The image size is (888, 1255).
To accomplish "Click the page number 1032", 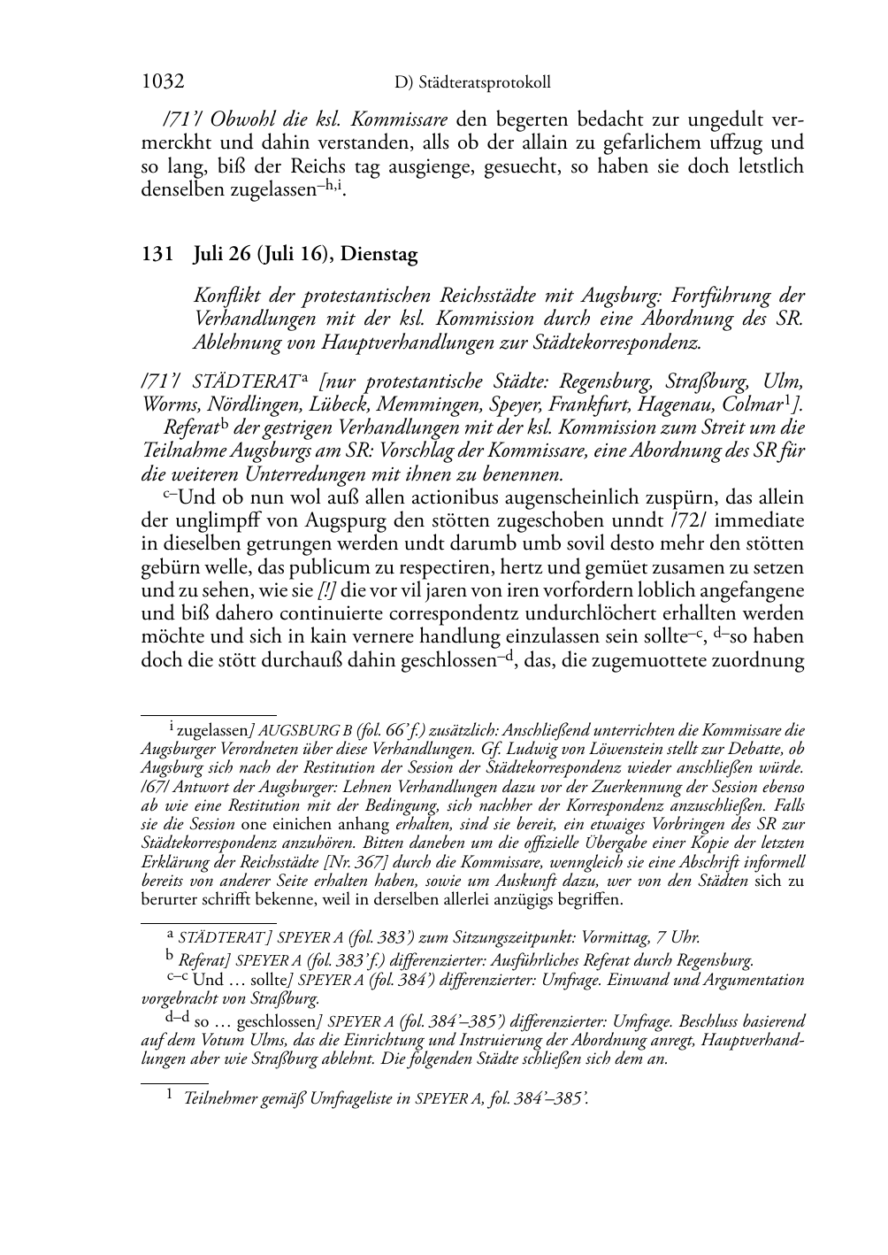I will tap(163, 82).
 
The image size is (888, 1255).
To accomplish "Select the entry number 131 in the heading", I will tap(156, 255).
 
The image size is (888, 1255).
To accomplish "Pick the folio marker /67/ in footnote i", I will tap(156, 787).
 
